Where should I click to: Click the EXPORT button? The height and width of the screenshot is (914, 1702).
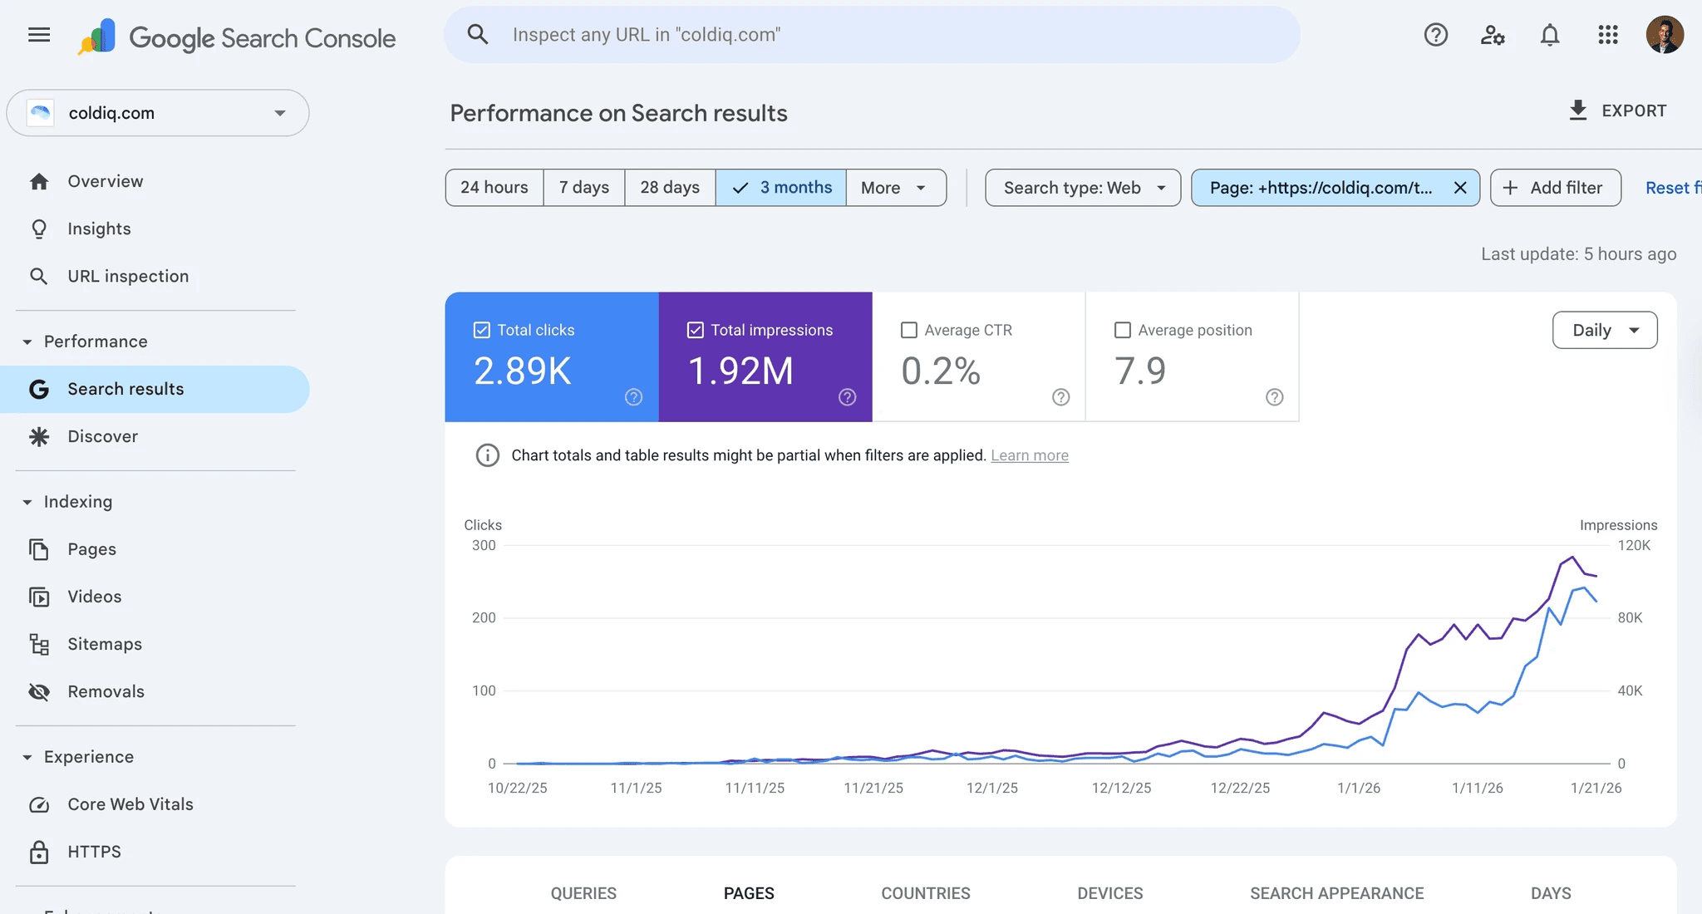1617,111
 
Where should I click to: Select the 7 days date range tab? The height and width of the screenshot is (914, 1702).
583,188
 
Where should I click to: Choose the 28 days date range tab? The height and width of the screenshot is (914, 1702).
669,188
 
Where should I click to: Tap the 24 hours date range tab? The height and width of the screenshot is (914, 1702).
494,188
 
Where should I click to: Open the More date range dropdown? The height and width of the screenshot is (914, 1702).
894,188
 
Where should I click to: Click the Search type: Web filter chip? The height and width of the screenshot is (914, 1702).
1082,188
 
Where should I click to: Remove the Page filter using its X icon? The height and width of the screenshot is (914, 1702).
1460,188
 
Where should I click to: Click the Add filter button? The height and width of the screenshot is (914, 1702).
1554,188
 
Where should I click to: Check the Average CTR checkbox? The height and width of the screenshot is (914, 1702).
909,330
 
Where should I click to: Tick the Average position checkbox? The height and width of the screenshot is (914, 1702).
1123,330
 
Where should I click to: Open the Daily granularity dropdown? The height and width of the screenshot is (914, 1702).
1604,330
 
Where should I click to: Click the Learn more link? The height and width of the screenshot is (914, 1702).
1029,455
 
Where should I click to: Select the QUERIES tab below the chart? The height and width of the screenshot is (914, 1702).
583,893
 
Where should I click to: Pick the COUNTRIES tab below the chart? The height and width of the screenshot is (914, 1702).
925,893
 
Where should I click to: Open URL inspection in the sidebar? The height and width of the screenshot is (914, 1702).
127,276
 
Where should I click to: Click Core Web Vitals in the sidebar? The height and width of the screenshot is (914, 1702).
130,804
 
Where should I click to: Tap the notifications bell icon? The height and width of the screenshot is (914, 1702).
1549,35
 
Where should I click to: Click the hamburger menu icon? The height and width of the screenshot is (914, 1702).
39,35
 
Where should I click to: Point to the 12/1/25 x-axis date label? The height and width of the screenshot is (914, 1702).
991,788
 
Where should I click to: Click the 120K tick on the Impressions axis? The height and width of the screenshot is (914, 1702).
1633,546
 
